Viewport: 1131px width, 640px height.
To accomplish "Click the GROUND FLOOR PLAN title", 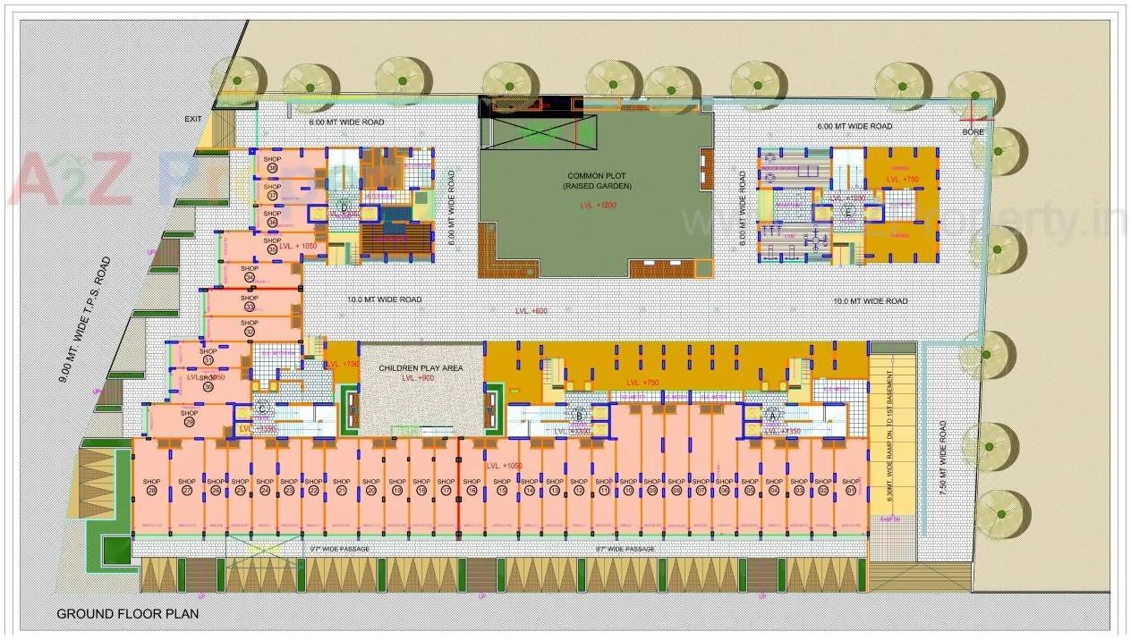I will click(x=127, y=614).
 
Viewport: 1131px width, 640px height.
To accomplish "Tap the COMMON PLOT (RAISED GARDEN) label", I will click(x=597, y=181).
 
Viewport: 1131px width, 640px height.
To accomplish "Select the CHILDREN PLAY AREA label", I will click(x=420, y=368).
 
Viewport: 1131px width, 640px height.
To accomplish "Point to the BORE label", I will click(x=973, y=132).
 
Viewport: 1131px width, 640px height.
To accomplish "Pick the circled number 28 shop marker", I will click(x=151, y=491).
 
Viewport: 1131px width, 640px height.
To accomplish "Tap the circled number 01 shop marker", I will click(x=851, y=491).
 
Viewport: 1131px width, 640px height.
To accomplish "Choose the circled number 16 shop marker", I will click(x=472, y=491).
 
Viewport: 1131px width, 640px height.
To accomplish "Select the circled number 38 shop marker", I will click(x=272, y=169).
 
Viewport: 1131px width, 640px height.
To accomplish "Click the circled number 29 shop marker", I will click(x=189, y=422).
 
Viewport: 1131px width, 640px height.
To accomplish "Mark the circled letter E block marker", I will click(x=848, y=212).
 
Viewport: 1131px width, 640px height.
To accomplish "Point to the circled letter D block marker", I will click(x=344, y=208).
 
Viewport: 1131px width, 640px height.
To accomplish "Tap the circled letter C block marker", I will click(x=262, y=408).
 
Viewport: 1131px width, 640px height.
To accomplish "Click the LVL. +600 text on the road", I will click(x=531, y=311).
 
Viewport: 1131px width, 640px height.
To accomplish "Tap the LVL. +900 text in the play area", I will click(x=418, y=378).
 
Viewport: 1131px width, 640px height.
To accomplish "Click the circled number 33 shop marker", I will click(x=250, y=307).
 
